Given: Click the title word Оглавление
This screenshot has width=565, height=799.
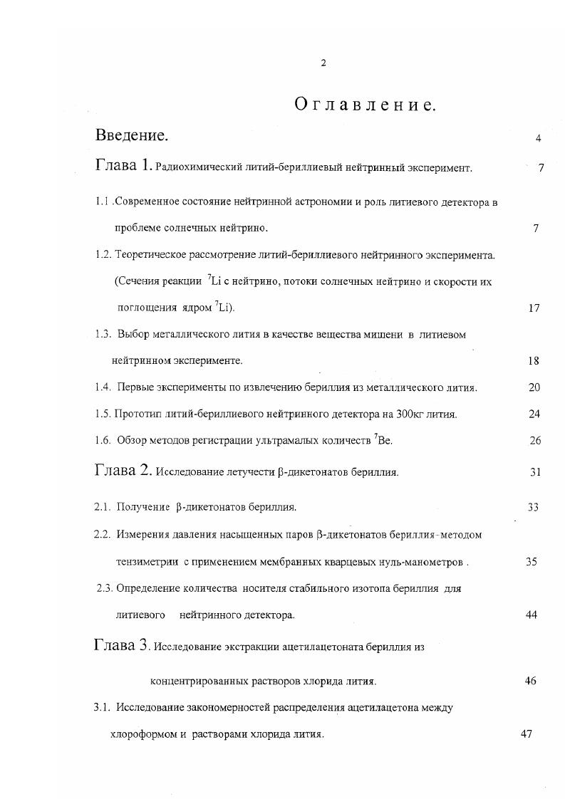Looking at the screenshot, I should [365, 105].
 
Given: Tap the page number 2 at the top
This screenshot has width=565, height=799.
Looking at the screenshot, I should [323, 63].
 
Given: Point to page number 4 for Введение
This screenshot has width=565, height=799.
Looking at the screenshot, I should [538, 138].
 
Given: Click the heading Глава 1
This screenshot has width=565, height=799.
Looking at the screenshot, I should [123, 166].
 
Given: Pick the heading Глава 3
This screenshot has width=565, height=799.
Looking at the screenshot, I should [122, 645].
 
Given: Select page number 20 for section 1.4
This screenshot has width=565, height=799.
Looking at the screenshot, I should [534, 387].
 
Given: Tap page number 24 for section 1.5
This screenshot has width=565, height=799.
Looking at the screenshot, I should [534, 414].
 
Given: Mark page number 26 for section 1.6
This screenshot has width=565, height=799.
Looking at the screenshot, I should [535, 441].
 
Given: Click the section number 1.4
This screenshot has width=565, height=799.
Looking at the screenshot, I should [103, 387].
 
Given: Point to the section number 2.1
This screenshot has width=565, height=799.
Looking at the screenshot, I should [103, 507].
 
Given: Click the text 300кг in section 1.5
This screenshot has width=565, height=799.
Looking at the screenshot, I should [405, 414].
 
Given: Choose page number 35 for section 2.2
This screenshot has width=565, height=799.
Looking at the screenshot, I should [531, 562].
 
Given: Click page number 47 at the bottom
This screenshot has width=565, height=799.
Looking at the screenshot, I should [527, 735].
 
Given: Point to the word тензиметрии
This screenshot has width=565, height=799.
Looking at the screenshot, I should [142, 562].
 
